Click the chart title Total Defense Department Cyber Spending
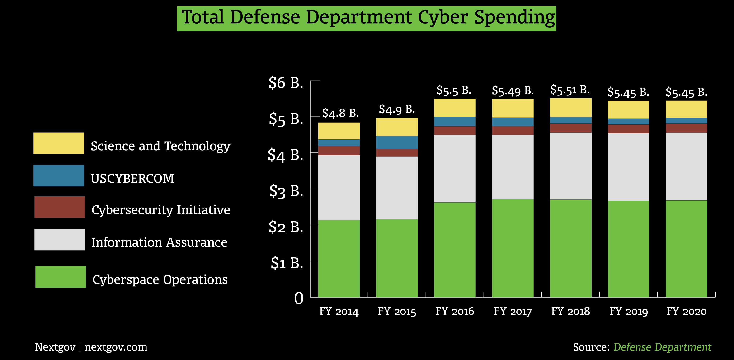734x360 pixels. (x=367, y=18)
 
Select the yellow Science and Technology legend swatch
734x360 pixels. (x=59, y=143)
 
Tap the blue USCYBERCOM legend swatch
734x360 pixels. (x=59, y=175)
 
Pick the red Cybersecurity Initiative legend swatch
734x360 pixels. (x=60, y=207)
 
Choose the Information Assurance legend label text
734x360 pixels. (x=159, y=242)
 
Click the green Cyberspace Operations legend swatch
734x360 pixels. (x=60, y=277)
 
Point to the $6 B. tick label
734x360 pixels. (x=286, y=83)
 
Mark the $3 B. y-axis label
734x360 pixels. (x=286, y=191)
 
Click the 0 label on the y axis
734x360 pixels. (x=299, y=298)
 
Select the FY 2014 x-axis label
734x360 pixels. (x=339, y=311)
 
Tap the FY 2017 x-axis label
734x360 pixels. (x=513, y=311)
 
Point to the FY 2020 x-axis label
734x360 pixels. (x=687, y=311)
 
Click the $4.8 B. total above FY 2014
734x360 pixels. (x=340, y=113)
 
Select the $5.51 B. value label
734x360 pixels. (x=569, y=90)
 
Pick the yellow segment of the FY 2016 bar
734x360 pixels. (x=455, y=108)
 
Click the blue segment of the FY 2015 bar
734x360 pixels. (x=397, y=142)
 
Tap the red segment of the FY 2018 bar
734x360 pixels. (x=571, y=128)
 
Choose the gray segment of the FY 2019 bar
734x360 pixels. (x=629, y=167)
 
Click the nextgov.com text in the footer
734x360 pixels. (x=116, y=347)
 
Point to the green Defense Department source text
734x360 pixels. (x=662, y=347)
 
